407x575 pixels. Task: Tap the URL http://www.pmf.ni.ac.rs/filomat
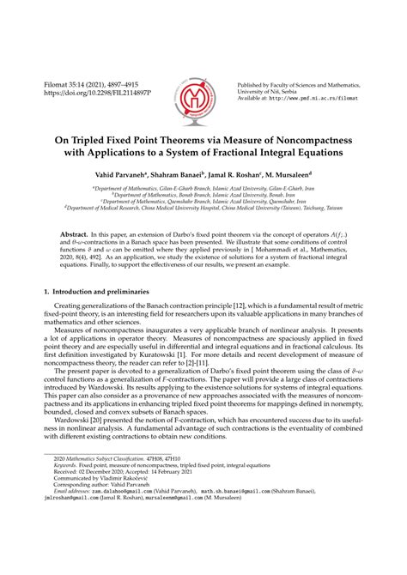pos(320,100)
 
